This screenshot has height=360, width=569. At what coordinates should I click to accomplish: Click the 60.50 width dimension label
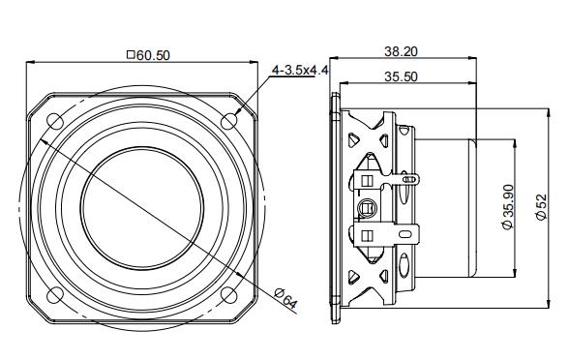click(x=153, y=56)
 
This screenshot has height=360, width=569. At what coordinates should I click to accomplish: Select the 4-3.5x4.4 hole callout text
click(x=301, y=70)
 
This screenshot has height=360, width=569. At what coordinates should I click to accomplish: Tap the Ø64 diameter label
click(x=285, y=299)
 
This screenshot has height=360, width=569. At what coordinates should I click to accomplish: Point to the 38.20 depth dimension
click(x=401, y=49)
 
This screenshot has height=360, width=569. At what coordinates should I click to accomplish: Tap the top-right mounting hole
click(x=229, y=120)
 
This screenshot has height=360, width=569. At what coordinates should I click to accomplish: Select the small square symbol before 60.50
click(x=131, y=56)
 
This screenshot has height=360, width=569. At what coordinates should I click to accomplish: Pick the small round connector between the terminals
click(x=369, y=206)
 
